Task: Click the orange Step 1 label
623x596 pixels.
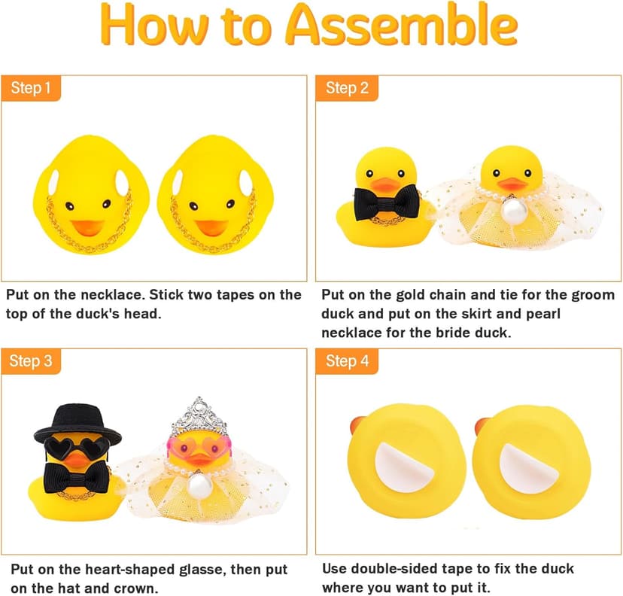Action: (x=32, y=89)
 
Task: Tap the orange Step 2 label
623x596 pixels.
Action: (x=347, y=89)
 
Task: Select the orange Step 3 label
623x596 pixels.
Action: (x=32, y=361)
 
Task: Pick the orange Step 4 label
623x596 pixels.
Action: (x=347, y=361)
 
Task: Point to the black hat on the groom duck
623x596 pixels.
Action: (x=77, y=422)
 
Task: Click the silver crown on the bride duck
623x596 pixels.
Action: (x=198, y=415)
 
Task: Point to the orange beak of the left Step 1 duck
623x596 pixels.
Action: (x=89, y=226)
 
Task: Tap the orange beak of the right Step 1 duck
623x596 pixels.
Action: (x=213, y=226)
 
